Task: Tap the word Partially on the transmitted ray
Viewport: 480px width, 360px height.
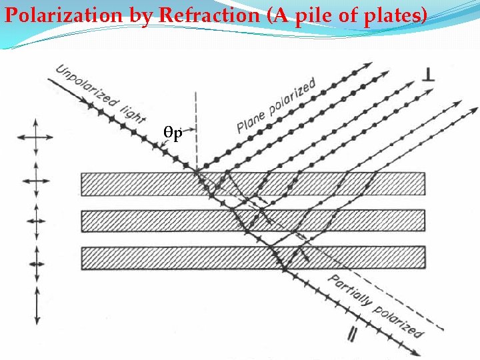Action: tap(346, 293)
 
